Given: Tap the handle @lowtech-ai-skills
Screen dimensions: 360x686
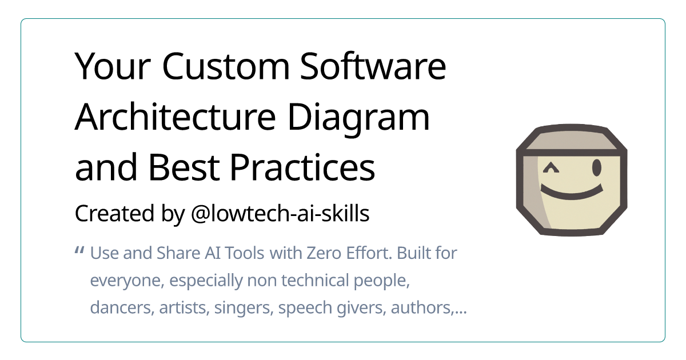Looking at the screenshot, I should pos(277,214).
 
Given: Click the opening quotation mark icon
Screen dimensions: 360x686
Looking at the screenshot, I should pos(80,251).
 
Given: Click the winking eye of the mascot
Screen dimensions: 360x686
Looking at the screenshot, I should pos(551,168).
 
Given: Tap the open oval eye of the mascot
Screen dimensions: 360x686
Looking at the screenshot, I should pos(596,167).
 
